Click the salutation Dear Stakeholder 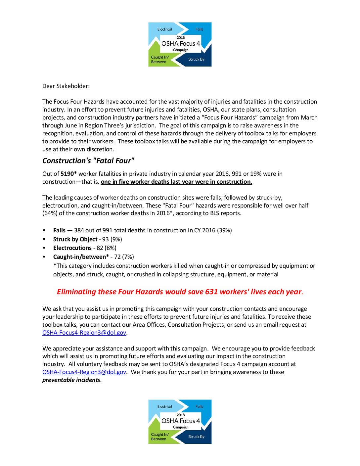pos(66,86)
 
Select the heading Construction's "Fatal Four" pos(88,161)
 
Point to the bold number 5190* pos(68,174)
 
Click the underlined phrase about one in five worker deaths pos(176,182)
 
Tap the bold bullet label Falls pos(59,230)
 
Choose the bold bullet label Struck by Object pos(75,239)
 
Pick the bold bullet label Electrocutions pos(72,248)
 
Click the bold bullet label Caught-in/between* pos(81,257)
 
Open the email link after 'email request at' pos(84,333)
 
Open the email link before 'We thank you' pos(84,372)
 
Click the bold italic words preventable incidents pos(71,380)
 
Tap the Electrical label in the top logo pos(164,29)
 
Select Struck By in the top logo pos(196,60)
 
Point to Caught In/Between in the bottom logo pos(159,437)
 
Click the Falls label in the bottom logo pos(199,407)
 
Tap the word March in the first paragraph pos(309,117)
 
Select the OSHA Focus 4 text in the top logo pos(180,44)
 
